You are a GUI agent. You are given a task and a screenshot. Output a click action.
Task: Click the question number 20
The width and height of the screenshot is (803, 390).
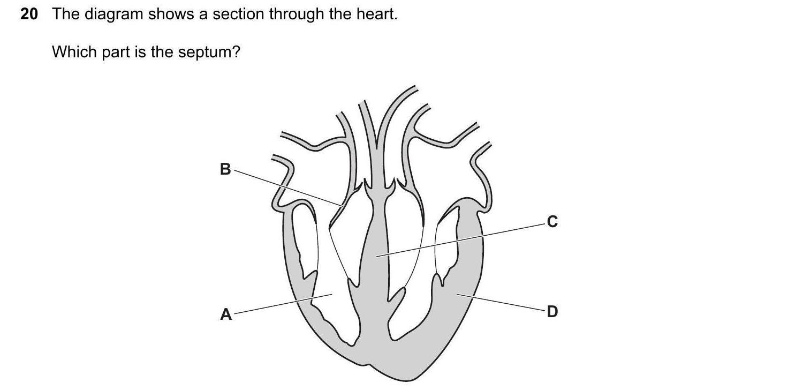pyautogui.click(x=29, y=14)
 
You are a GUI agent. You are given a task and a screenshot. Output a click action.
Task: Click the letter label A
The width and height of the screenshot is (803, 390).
pyautogui.click(x=226, y=314)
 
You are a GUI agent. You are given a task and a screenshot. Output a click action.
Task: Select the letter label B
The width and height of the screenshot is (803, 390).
pyautogui.click(x=225, y=169)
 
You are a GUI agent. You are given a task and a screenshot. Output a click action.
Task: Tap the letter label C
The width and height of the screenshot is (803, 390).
pyautogui.click(x=552, y=221)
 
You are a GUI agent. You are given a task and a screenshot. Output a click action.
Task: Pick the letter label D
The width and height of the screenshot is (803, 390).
pyautogui.click(x=552, y=311)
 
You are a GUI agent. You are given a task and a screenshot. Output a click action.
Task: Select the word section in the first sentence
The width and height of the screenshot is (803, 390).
pyautogui.click(x=239, y=14)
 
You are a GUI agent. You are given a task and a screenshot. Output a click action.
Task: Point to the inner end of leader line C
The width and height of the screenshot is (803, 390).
pyautogui.click(x=377, y=257)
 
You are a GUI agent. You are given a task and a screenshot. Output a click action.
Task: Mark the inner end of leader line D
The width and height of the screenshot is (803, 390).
pyautogui.click(x=458, y=294)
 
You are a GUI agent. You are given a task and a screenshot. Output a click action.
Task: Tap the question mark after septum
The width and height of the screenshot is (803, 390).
pyautogui.click(x=236, y=52)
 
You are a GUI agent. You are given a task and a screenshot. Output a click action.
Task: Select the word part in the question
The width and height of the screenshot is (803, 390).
pyautogui.click(x=116, y=52)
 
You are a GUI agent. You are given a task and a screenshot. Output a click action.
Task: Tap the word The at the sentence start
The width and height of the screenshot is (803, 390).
pyautogui.click(x=65, y=14)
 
